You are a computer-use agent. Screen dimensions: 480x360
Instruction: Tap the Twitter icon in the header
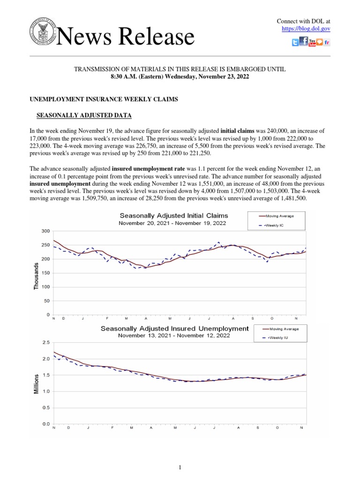coord(295,43)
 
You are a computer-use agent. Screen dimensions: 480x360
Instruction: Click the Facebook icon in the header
coord(304,42)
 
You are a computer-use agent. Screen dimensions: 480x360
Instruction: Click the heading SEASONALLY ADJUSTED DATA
coord(84,115)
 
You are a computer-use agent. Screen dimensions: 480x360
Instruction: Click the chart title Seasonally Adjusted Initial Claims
coord(174,216)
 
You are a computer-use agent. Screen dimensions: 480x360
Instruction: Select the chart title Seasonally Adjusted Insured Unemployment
coord(175,329)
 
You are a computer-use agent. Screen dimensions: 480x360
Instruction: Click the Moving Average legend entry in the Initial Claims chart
coord(279,216)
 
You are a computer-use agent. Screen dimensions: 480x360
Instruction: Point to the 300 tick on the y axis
coord(45,232)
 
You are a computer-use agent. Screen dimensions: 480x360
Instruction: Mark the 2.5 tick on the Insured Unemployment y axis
coord(45,343)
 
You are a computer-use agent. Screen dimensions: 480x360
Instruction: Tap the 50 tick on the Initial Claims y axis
coord(47,301)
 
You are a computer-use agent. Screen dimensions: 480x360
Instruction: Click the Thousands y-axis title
coord(37,276)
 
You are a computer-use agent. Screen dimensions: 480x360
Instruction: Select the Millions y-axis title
coord(37,383)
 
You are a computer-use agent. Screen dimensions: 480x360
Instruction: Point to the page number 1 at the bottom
coord(180,467)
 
